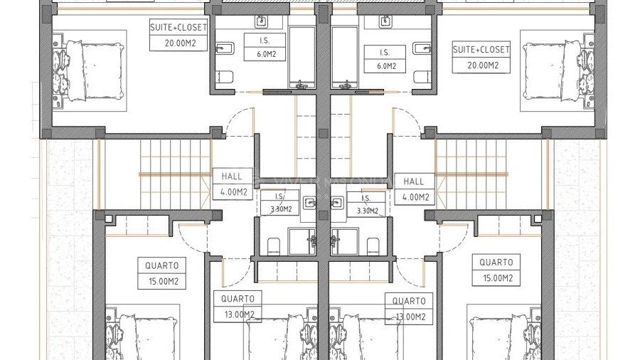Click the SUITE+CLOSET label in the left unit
click(x=178, y=28)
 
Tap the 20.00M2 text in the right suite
click(x=483, y=65)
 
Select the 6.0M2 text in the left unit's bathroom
click(x=267, y=54)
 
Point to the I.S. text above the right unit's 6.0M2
click(x=385, y=52)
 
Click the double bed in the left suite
click(x=95, y=70)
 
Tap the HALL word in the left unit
click(x=231, y=176)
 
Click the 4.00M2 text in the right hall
click(x=415, y=198)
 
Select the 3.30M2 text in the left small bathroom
click(x=281, y=209)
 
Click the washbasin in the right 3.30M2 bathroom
click(x=337, y=203)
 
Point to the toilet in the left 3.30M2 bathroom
click(x=274, y=246)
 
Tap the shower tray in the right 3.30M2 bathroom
click(x=344, y=242)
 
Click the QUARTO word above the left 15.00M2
click(x=161, y=265)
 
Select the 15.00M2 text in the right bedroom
click(x=498, y=278)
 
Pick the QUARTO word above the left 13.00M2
click(x=238, y=299)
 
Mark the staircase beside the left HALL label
click(x=176, y=174)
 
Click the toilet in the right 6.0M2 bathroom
click(x=422, y=77)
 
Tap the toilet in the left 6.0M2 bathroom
click(x=225, y=77)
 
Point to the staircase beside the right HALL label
click(x=471, y=174)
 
